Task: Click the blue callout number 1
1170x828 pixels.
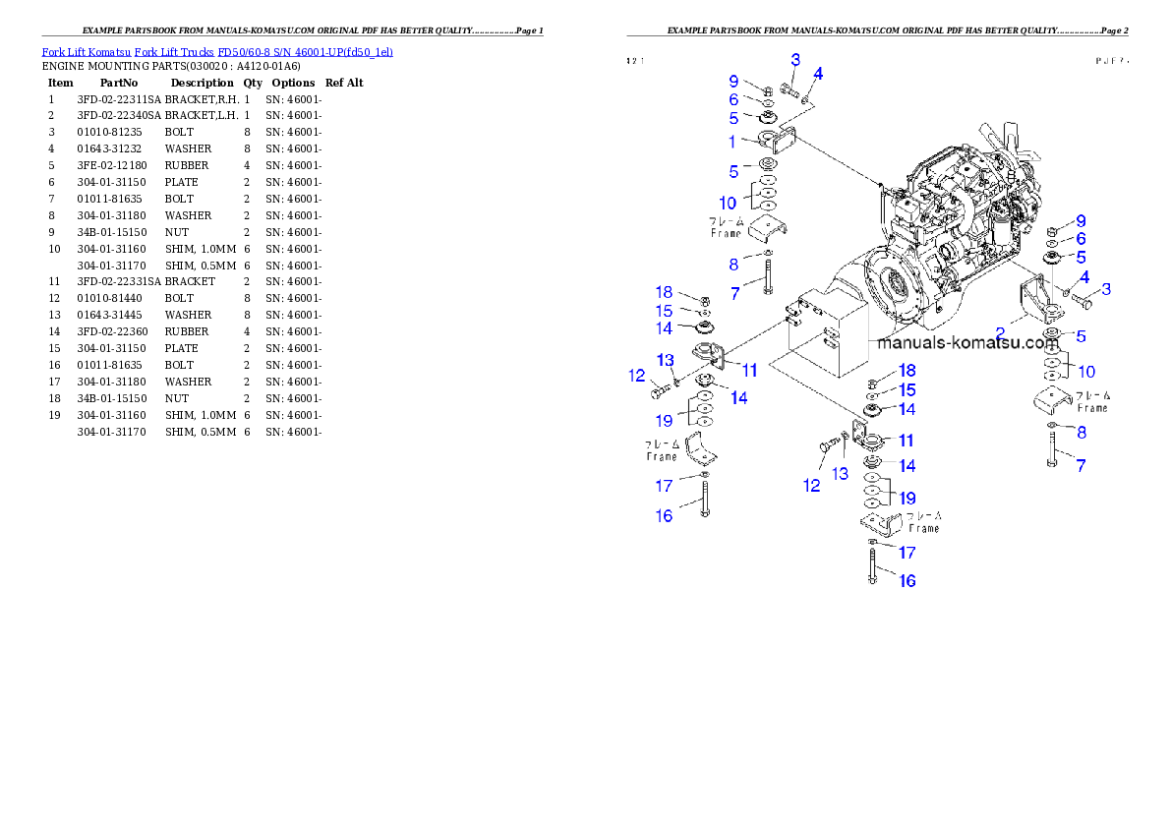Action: tap(732, 142)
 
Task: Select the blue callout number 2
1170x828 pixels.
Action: tap(1001, 332)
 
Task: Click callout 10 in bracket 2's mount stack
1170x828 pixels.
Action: tap(1086, 371)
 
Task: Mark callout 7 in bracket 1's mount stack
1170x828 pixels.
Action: tap(733, 293)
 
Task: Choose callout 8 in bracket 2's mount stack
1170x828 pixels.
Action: tap(1082, 432)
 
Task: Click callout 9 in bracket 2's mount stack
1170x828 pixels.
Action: tap(1081, 221)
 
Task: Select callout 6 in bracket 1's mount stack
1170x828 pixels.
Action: tap(732, 99)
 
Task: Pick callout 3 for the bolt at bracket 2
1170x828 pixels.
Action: tap(1106, 289)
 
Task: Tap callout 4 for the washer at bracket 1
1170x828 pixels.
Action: tap(818, 74)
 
